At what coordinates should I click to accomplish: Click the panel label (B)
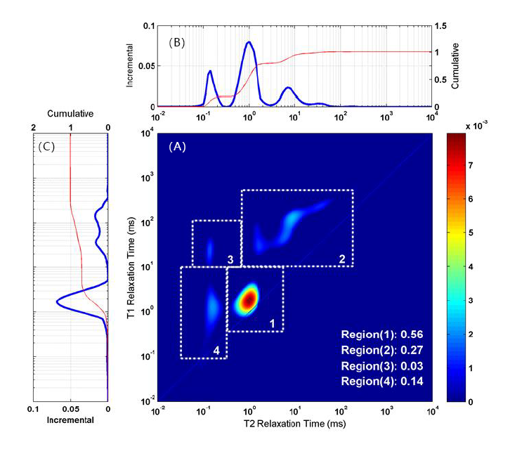[176, 42]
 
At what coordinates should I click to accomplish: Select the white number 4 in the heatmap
[216, 350]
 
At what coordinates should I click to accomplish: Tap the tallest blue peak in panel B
[249, 43]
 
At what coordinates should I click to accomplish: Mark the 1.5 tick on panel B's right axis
[440, 25]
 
